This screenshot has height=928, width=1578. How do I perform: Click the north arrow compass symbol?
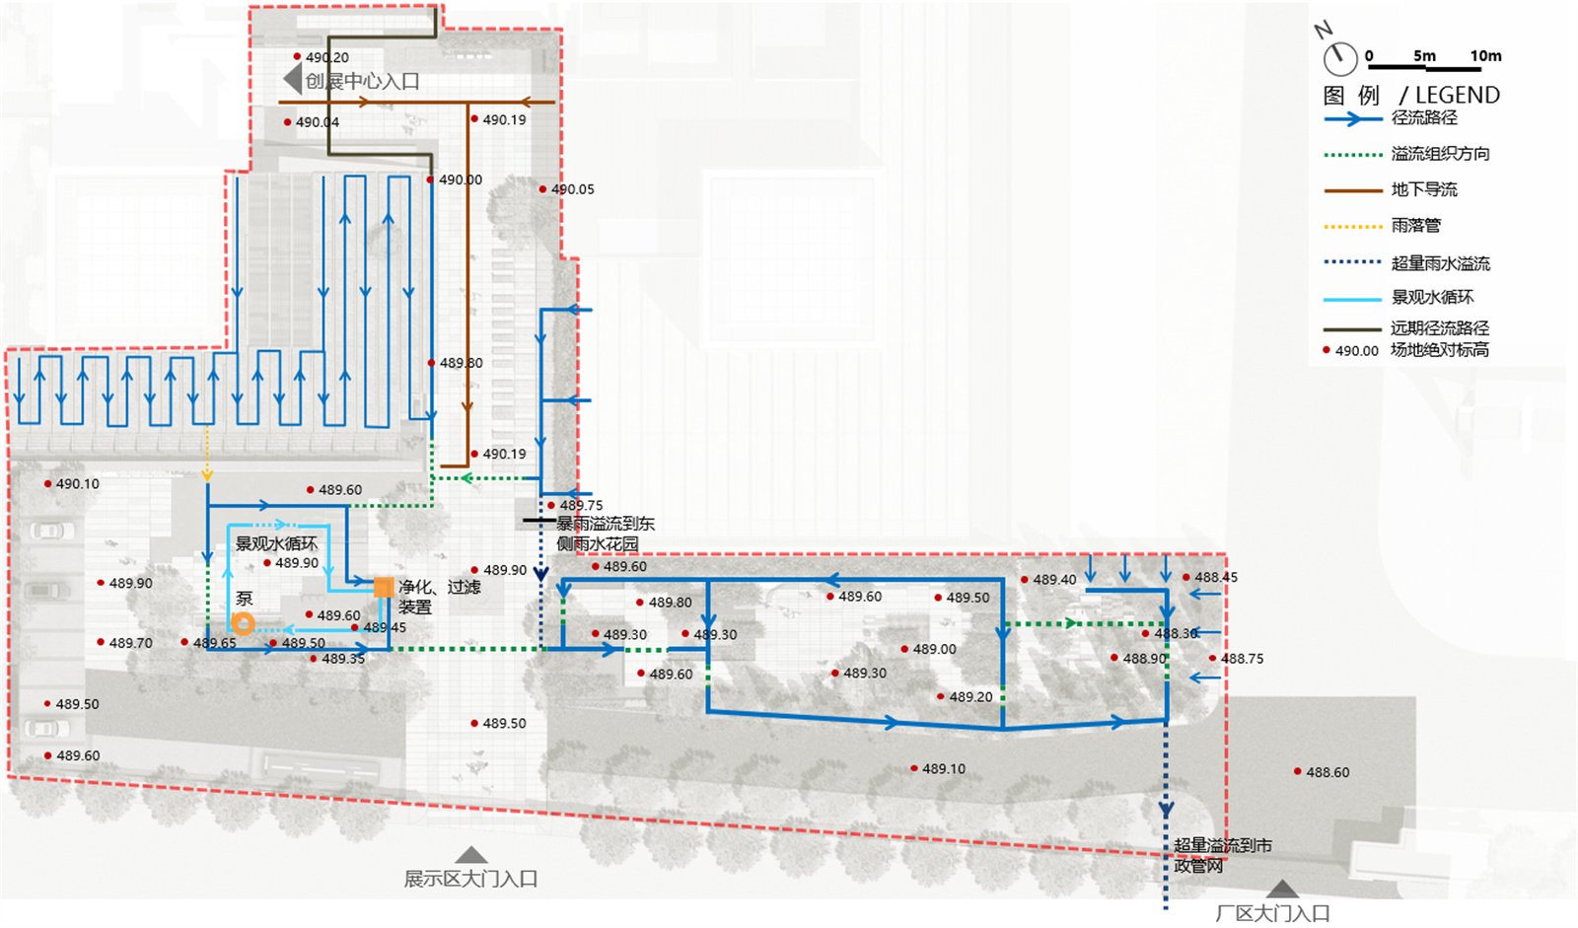(x=1339, y=57)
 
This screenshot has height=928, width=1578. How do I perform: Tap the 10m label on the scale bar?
(x=1485, y=56)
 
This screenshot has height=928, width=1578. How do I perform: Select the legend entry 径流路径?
(x=1424, y=117)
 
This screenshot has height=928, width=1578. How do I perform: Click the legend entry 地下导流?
(x=1424, y=189)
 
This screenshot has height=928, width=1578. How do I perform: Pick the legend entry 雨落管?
(x=1416, y=226)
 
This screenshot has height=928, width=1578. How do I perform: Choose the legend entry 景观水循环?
(x=1432, y=297)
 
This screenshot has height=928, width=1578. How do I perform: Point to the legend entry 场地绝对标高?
(x=1440, y=350)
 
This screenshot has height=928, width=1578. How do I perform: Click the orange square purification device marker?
(x=384, y=588)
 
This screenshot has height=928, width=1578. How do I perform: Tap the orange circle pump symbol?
(x=243, y=623)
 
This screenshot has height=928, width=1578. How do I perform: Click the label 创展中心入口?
(x=362, y=82)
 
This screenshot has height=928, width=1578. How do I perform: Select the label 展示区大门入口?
(x=470, y=879)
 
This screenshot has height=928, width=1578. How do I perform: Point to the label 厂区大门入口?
(x=1272, y=913)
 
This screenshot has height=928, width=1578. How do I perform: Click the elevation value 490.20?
(x=326, y=58)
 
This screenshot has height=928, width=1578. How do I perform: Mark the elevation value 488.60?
(x=1327, y=772)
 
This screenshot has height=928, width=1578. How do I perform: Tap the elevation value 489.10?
(x=944, y=768)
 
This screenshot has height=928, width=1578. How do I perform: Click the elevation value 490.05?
(x=572, y=189)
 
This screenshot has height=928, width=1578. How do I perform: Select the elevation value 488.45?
(x=1216, y=577)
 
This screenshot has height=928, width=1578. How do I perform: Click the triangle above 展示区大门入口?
(x=471, y=855)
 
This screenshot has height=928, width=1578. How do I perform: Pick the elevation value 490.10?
(x=77, y=484)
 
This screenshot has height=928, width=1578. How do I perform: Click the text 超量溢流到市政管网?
(x=1222, y=855)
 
